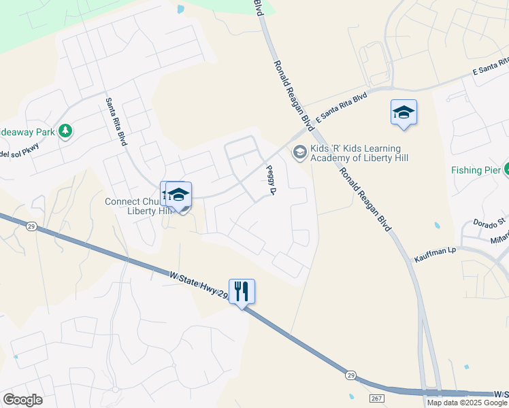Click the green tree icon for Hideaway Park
[65, 130]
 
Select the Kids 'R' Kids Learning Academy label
[355, 154]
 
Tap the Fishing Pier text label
[474, 170]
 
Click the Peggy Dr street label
[270, 180]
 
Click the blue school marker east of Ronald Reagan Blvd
[404, 113]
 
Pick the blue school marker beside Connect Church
[178, 195]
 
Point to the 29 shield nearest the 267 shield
[350, 375]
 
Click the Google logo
[22, 399]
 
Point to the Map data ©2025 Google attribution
[466, 403]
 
